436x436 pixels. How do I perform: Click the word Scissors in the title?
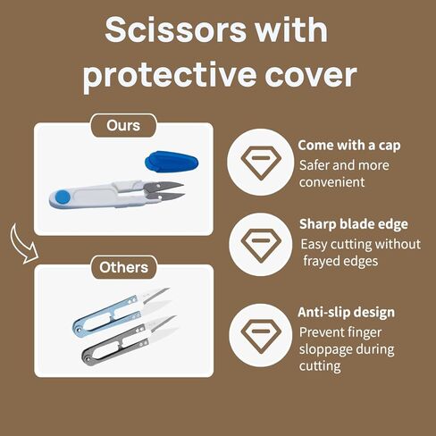click(x=176, y=29)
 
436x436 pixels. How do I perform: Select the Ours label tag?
click(x=123, y=126)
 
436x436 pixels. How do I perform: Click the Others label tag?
click(x=124, y=267)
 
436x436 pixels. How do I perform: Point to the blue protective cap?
click(x=172, y=162)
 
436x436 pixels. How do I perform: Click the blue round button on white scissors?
click(x=63, y=197)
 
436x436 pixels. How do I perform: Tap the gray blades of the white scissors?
click(x=164, y=191)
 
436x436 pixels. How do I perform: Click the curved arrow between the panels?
click(x=21, y=244)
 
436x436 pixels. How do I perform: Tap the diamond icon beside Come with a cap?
click(x=261, y=163)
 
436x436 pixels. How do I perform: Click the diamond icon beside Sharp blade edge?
click(x=261, y=245)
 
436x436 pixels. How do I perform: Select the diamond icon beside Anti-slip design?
click(x=261, y=336)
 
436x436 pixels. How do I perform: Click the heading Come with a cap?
click(x=349, y=146)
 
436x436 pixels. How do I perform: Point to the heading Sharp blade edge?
click(x=354, y=224)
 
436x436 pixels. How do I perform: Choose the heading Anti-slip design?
click(x=346, y=313)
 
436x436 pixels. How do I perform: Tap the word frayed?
click(x=321, y=262)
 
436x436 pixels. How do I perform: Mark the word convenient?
click(x=331, y=182)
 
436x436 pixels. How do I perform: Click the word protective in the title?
click(x=170, y=75)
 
